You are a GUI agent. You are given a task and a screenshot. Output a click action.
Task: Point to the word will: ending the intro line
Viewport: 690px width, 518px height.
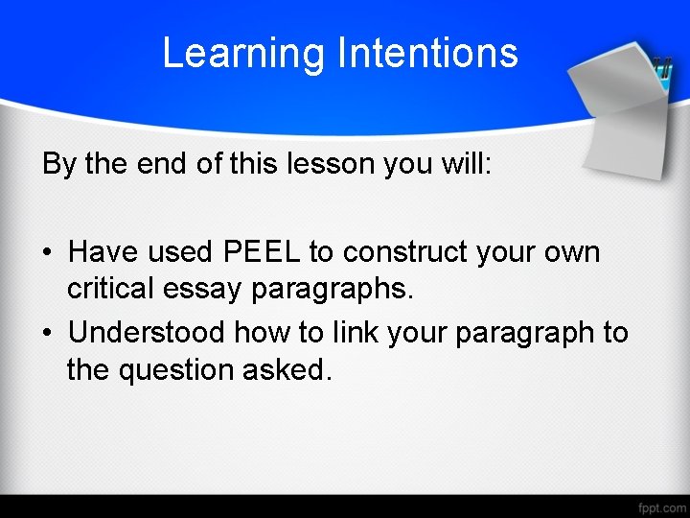465,164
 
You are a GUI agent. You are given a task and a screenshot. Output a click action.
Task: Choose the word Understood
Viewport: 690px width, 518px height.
147,332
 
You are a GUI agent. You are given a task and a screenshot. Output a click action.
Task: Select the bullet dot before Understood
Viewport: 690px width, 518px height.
47,333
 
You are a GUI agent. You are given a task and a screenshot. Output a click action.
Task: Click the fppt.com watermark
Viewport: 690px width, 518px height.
661,506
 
